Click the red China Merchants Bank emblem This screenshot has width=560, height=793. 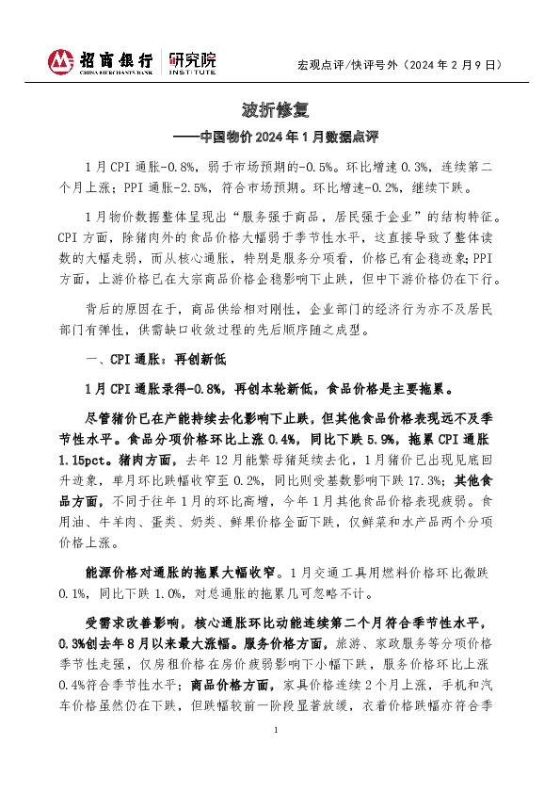(x=60, y=61)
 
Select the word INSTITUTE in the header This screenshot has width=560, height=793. (x=194, y=71)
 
